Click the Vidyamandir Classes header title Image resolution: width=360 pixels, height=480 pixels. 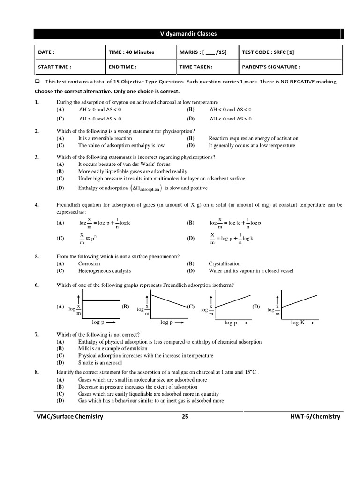tap(188, 34)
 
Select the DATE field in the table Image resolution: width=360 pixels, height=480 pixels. tap(46, 52)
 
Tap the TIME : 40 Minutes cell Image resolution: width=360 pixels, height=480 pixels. tap(131, 52)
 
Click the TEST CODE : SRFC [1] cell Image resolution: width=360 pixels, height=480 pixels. tap(268, 52)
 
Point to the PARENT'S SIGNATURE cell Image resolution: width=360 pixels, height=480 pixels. tap(271, 67)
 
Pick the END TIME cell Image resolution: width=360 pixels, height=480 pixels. tap(123, 67)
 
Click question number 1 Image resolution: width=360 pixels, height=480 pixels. tap(37, 102)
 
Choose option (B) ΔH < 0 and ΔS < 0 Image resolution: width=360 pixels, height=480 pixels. tap(230, 109)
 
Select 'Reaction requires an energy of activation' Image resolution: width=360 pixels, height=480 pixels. tap(253, 138)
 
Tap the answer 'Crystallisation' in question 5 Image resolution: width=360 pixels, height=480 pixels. tap(225, 263)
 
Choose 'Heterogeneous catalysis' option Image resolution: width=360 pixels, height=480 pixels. tap(105, 270)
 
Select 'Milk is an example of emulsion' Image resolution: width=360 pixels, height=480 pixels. tap(112, 348)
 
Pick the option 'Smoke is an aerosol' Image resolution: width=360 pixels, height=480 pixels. tap(100, 362)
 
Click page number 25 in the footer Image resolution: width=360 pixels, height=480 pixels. tap(185, 416)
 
